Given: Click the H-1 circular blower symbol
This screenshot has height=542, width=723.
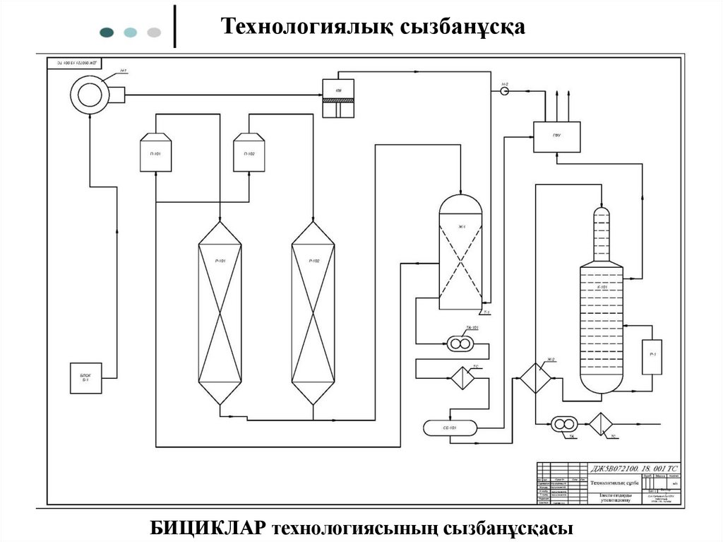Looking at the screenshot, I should point(89,93).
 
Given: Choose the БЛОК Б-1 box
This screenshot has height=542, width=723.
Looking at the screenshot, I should point(86,377).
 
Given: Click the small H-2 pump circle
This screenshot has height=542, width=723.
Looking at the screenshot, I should point(505,92).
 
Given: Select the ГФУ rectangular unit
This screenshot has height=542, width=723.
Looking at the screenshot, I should point(556,137).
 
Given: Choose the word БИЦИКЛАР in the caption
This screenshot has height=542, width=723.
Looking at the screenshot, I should point(207,528).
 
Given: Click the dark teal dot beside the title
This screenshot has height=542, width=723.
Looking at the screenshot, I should point(107,32).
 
